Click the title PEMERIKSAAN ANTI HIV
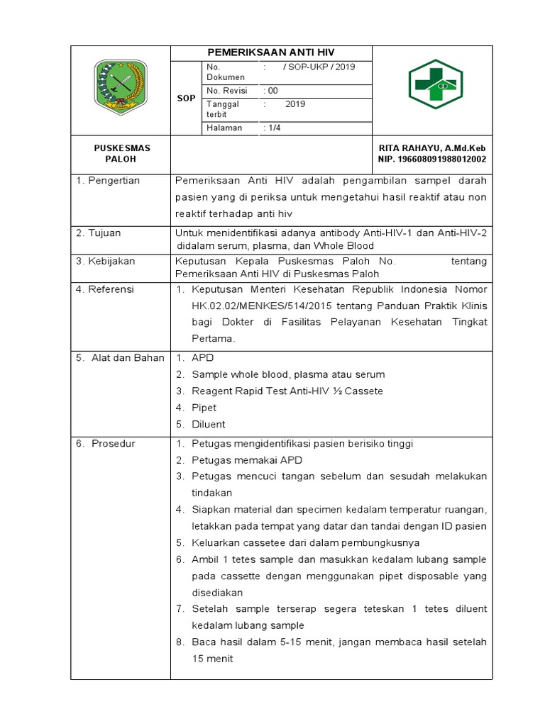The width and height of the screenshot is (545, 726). (270, 53)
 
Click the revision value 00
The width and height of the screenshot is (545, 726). (271, 91)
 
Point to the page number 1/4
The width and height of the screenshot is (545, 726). (271, 128)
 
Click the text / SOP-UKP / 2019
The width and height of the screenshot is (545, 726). (319, 67)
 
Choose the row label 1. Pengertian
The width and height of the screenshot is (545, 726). (108, 181)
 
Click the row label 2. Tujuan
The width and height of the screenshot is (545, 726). (99, 233)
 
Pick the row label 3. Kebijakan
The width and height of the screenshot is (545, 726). (105, 261)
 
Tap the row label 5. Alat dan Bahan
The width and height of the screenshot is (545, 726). (120, 358)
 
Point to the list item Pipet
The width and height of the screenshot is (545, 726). (204, 408)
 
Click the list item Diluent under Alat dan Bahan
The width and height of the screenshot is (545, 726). (208, 424)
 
